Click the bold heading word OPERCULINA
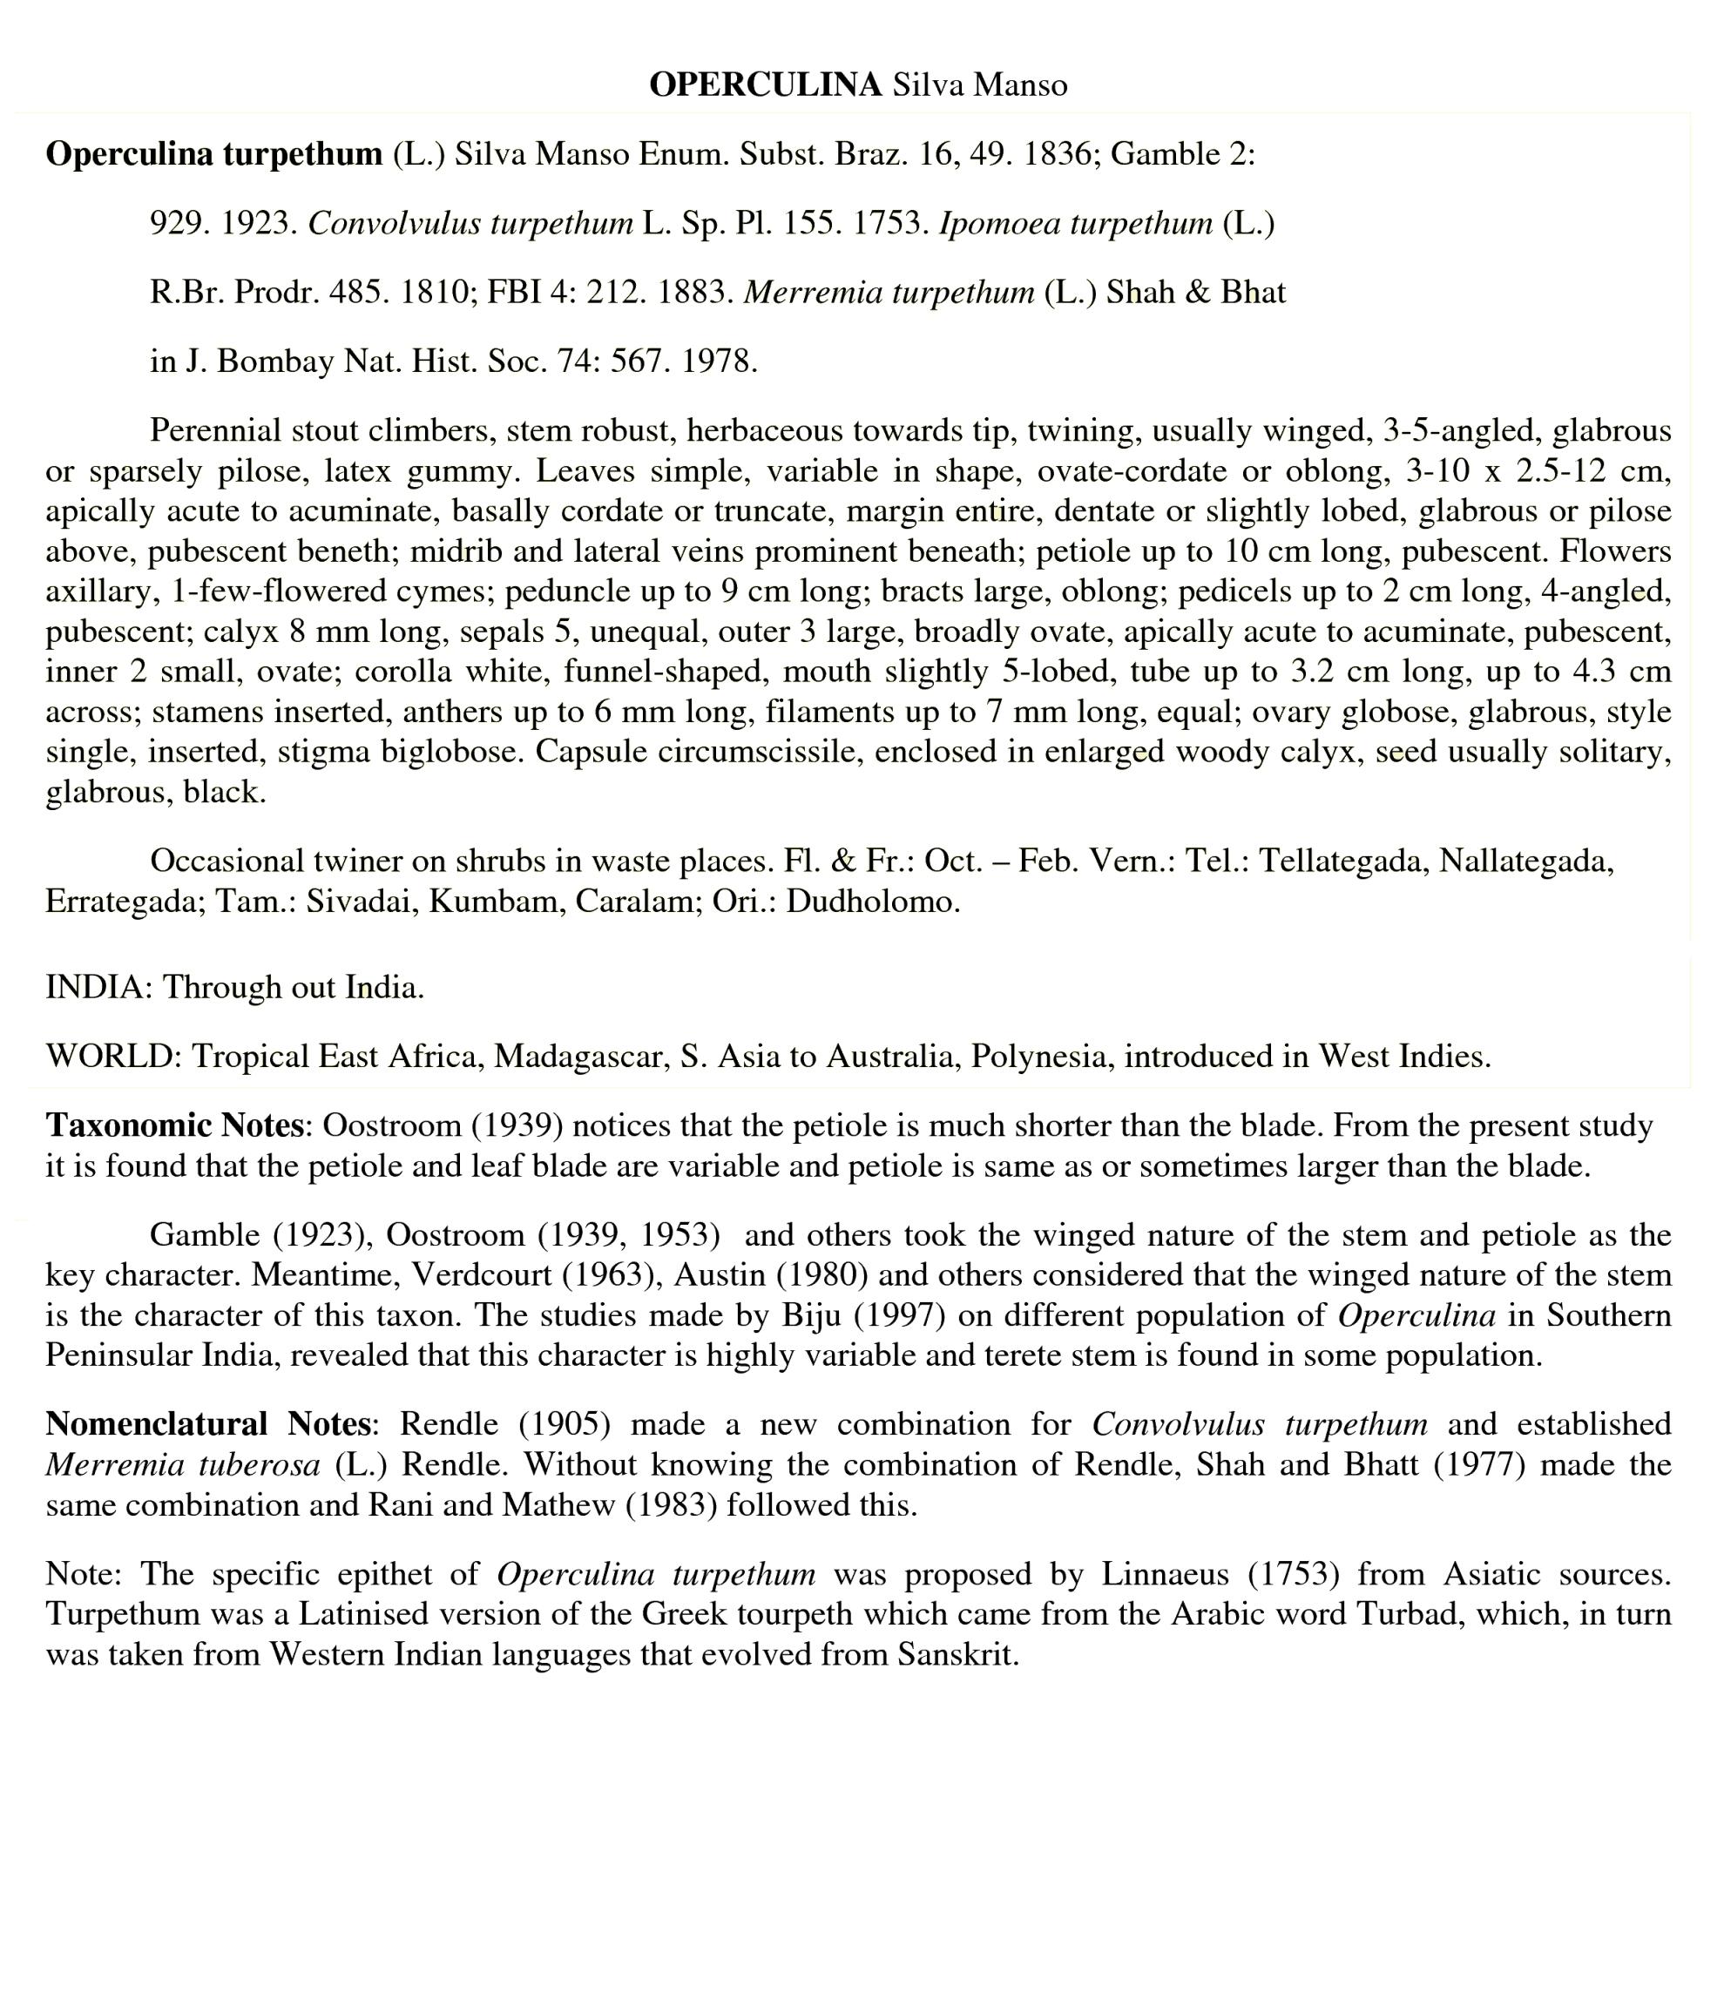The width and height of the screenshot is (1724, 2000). click(765, 85)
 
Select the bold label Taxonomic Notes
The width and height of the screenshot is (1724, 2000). click(175, 1125)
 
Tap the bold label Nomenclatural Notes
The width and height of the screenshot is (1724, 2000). click(207, 1423)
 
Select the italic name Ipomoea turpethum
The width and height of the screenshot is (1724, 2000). click(1075, 224)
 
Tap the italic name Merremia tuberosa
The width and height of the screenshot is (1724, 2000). click(182, 1464)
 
